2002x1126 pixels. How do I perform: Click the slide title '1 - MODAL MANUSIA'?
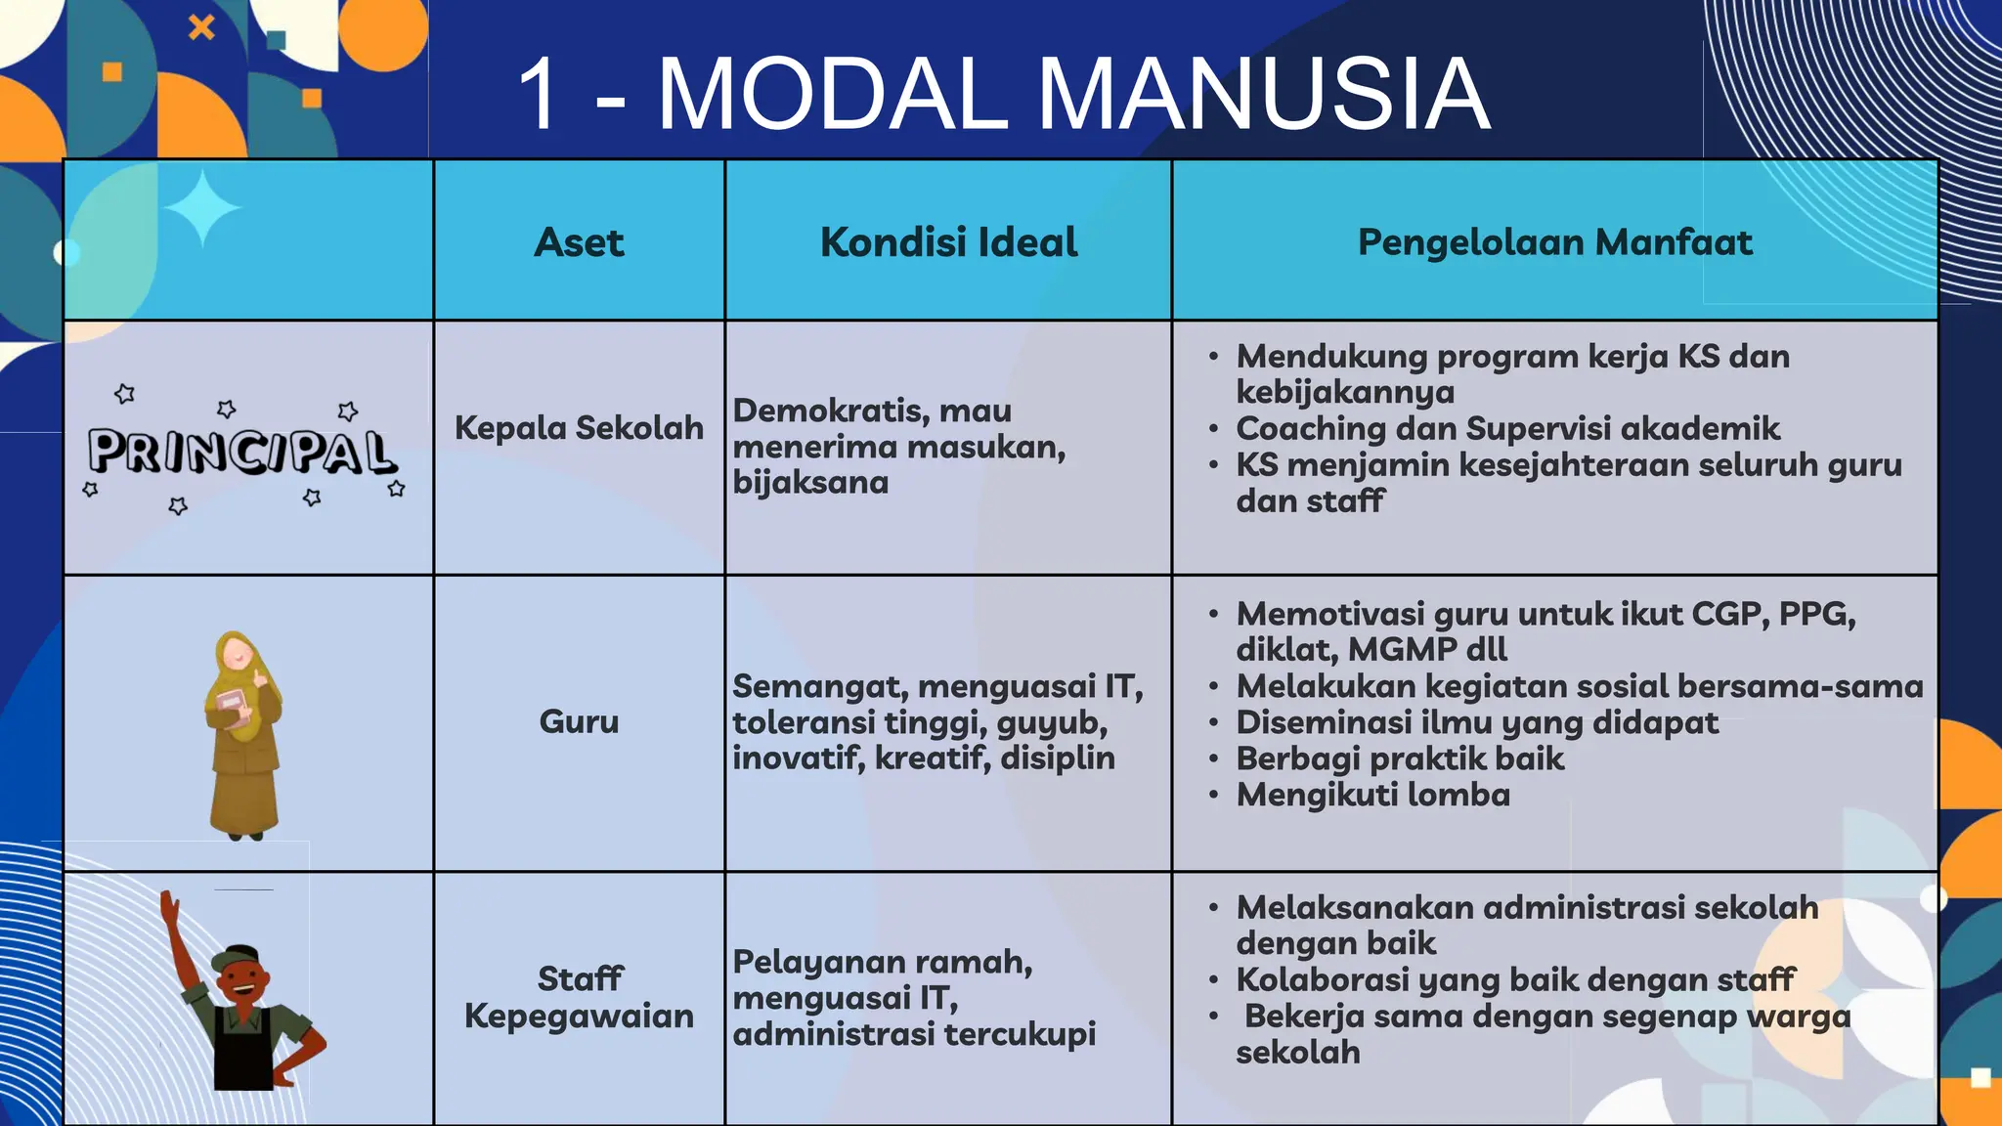pos(1002,94)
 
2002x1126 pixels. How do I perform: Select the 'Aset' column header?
pos(579,242)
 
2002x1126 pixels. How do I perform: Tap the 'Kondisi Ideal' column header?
pos(948,242)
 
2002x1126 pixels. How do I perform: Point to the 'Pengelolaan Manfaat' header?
pos(1554,242)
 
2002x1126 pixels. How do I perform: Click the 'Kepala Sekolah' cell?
pos(579,428)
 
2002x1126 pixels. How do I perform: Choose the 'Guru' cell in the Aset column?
pos(579,722)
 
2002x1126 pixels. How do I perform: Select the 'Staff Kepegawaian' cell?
pos(579,997)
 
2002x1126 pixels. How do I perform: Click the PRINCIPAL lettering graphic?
pos(241,452)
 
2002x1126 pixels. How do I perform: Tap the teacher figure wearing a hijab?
pos(241,733)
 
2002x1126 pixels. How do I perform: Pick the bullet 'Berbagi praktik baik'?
pos(1400,759)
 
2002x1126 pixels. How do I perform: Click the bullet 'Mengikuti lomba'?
pos(1372,796)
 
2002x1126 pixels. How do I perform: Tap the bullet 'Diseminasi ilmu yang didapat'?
pos(1476,723)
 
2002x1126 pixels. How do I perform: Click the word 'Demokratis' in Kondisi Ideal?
pos(829,411)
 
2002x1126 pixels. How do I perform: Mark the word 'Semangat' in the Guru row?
pos(819,687)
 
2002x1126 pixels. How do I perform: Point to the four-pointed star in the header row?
pos(202,208)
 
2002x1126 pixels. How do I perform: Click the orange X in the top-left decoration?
pos(201,27)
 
